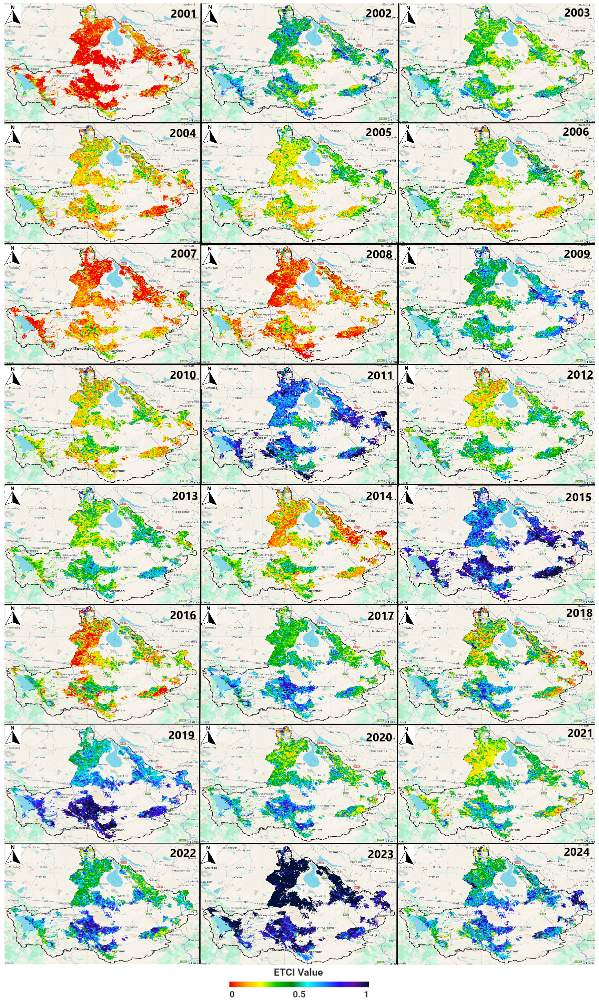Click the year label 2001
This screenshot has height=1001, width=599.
183,14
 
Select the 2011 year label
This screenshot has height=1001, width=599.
379,376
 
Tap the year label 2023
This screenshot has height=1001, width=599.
380,854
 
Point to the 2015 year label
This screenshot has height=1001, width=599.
578,497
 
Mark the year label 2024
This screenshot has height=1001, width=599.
576,852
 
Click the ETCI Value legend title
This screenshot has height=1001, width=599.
298,972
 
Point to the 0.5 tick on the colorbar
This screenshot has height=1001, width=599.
299,994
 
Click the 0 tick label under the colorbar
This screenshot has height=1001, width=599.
232,994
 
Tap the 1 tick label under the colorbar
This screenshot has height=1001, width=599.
366,994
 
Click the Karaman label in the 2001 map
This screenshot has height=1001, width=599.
118,109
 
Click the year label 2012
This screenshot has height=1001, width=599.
580,375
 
